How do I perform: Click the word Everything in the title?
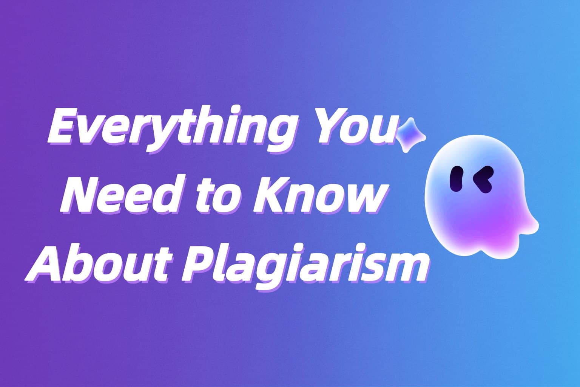pyautogui.click(x=171, y=130)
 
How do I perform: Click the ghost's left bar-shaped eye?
pyautogui.click(x=457, y=179)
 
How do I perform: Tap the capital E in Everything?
pyautogui.click(x=66, y=125)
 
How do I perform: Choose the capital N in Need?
pyautogui.click(x=83, y=195)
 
